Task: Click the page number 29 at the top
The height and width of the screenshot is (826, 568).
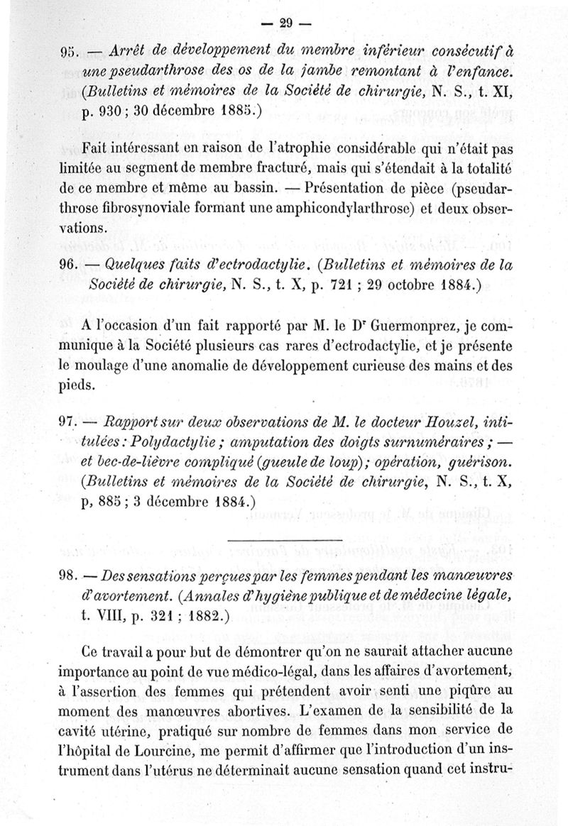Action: pyautogui.click(x=286, y=22)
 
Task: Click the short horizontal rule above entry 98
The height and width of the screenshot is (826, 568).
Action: pyautogui.click(x=285, y=542)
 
